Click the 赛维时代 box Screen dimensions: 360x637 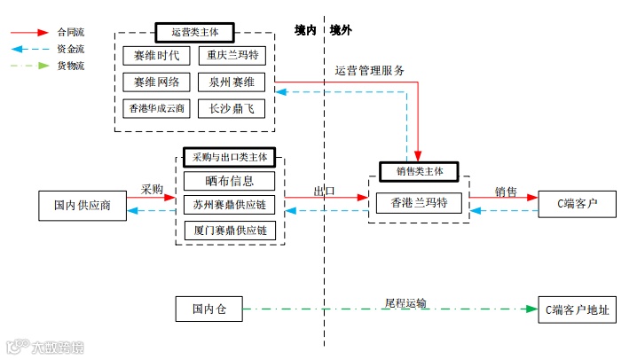coord(156,55)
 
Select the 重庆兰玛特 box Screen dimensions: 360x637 coord(231,55)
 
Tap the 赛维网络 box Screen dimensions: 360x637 coord(156,82)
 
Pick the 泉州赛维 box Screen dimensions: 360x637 coord(231,82)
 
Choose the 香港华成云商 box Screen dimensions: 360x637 coord(156,109)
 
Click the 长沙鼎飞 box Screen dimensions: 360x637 coord(231,109)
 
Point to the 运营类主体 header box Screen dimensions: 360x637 coord(193,32)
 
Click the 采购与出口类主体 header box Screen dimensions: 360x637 coord(229,157)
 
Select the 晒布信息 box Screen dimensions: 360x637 coord(230,181)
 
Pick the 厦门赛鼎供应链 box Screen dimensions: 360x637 coord(230,231)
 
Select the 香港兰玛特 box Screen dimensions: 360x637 coord(419,203)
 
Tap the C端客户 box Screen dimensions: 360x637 coord(577,203)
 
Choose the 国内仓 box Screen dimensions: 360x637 coord(209,309)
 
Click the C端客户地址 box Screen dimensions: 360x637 coord(577,309)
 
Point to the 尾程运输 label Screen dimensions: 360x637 coord(405,303)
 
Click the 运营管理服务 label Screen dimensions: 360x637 coord(370,71)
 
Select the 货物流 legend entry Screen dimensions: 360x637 coord(69,66)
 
